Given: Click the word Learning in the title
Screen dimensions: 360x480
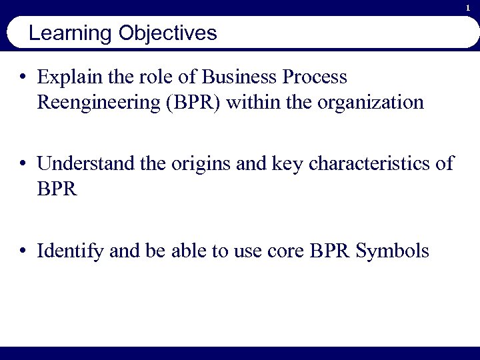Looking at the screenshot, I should (71, 33).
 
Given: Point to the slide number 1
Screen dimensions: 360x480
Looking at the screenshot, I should (468, 7).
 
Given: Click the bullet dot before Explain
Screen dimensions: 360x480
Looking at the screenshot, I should (23, 78).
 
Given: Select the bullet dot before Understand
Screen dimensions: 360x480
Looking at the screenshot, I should (23, 164).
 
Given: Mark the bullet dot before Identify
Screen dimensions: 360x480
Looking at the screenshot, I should (23, 251).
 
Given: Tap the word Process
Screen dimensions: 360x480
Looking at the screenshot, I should (315, 77).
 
